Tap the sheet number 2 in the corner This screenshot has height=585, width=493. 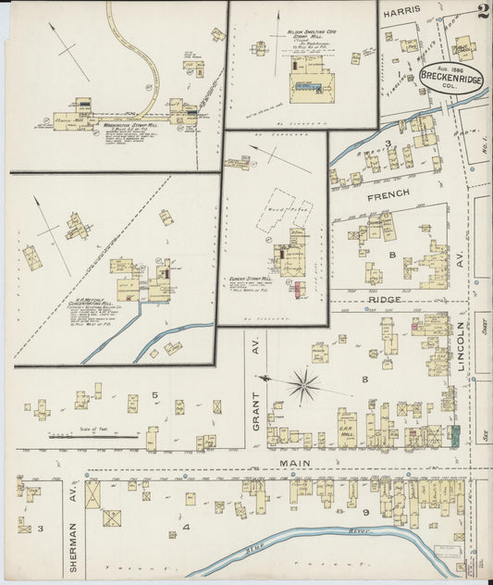click(x=483, y=11)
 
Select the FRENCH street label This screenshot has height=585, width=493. click(x=390, y=196)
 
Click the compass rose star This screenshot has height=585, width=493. click(x=302, y=382)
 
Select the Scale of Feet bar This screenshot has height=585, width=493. click(x=92, y=433)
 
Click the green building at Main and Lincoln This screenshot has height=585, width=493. click(x=453, y=435)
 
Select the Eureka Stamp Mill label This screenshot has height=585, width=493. click(x=251, y=278)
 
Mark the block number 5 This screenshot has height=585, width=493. click(x=155, y=395)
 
